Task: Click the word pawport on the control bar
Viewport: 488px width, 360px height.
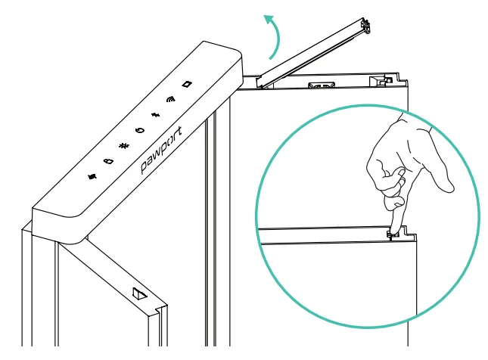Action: pos(161,150)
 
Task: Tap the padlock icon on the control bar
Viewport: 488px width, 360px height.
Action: pos(108,161)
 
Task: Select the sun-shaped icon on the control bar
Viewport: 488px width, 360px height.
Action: pos(124,145)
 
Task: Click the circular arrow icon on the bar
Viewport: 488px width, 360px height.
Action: pos(141,130)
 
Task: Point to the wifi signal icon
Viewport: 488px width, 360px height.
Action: pos(170,99)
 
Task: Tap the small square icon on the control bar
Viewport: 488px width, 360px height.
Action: pos(187,84)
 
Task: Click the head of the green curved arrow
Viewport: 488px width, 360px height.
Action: pos(269,20)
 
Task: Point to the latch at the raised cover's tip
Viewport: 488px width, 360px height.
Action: pos(365,26)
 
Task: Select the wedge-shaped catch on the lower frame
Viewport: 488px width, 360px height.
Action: pos(139,293)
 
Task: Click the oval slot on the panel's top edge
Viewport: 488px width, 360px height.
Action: pos(322,85)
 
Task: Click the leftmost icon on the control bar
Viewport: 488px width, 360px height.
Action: pos(92,176)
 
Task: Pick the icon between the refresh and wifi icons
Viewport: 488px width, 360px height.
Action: pos(156,115)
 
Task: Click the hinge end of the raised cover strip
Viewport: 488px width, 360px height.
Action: pos(261,82)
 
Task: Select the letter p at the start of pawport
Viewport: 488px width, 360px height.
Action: pos(145,167)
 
